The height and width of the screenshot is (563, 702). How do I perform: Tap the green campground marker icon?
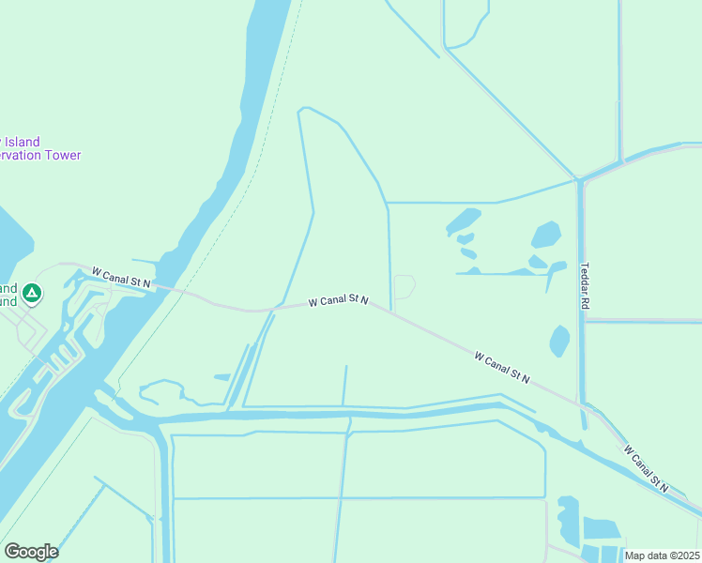click(32, 295)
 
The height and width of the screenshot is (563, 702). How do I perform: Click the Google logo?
click(31, 552)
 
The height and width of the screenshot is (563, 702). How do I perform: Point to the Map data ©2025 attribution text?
click(662, 555)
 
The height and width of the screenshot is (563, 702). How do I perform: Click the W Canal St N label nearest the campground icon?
click(122, 278)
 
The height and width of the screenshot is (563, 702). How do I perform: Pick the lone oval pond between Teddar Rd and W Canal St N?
click(559, 341)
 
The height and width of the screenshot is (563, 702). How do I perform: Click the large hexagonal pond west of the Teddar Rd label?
click(546, 235)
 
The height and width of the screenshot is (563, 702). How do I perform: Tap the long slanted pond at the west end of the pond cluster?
click(463, 222)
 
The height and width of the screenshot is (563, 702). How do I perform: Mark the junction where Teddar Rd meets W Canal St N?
click(583, 403)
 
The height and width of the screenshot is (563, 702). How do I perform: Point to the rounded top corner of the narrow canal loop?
click(303, 111)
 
